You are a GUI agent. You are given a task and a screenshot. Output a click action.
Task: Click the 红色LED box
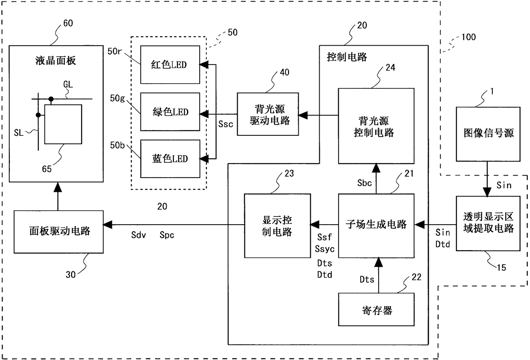pyautogui.click(x=170, y=64)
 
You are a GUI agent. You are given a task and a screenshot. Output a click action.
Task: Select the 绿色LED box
pyautogui.click(x=170, y=112)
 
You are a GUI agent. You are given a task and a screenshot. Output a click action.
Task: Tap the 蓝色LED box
pyautogui.click(x=170, y=159)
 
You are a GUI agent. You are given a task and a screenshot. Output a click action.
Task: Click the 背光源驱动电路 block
pyautogui.click(x=268, y=114)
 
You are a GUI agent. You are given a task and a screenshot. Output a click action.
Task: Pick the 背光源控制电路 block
pyautogui.click(x=376, y=126)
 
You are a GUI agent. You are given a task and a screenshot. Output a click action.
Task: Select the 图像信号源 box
pyautogui.click(x=488, y=134)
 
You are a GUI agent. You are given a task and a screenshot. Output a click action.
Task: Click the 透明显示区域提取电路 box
pyautogui.click(x=488, y=223)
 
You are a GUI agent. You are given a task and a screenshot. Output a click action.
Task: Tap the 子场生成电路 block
pyautogui.click(x=376, y=226)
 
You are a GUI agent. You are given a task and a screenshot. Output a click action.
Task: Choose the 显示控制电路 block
pyautogui.click(x=277, y=226)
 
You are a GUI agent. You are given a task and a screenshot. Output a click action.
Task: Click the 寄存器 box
pyautogui.click(x=376, y=310)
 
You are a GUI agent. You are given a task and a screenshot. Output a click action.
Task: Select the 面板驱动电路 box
pyautogui.click(x=59, y=232)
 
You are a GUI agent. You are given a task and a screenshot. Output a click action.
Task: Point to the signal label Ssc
pyautogui.click(x=226, y=124)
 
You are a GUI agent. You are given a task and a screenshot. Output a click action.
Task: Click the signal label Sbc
pyautogui.click(x=364, y=183)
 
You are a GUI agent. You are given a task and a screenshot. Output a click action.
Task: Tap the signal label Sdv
pyautogui.click(x=138, y=235)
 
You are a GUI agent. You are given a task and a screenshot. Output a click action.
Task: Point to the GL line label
pyautogui.click(x=68, y=84)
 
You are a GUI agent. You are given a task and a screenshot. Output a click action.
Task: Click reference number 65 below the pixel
pyautogui.click(x=47, y=169)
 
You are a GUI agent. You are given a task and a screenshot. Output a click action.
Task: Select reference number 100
pyautogui.click(x=468, y=37)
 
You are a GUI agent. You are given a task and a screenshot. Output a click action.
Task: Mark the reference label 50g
pyautogui.click(x=118, y=98)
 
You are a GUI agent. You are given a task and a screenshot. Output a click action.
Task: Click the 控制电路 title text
pyautogui.click(x=347, y=57)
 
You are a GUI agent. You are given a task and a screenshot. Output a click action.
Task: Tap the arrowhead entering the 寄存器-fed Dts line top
pyautogui.click(x=379, y=262)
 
